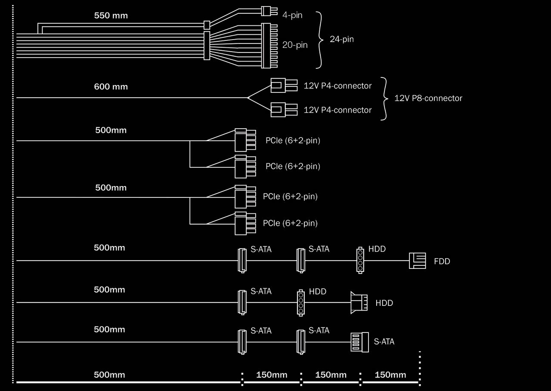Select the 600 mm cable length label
pos(111,87)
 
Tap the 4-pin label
pos(292,15)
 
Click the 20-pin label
pos(295,45)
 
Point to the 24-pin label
pos(342,40)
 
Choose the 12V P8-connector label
pos(428,98)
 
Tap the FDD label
pos(442,261)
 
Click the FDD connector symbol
pos(417,261)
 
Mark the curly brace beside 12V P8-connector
pos(385,98)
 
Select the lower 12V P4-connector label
pos(337,110)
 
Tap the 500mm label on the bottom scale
pos(109,375)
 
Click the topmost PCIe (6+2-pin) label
pos(293,141)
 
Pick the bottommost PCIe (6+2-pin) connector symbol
pos(245,223)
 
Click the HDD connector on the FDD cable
pos(360,260)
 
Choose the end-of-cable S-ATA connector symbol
pos(360,342)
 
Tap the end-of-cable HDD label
pos(384,303)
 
